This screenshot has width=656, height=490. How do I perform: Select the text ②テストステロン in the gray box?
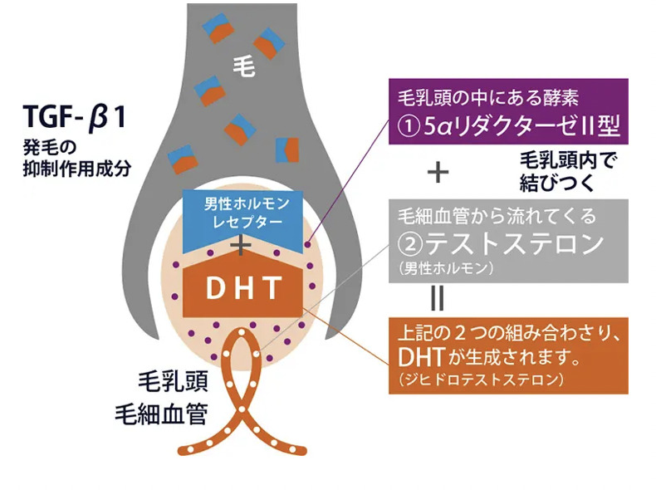[504, 243]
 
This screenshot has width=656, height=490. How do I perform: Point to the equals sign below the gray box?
[437, 297]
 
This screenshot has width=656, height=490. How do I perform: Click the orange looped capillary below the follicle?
[242, 399]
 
